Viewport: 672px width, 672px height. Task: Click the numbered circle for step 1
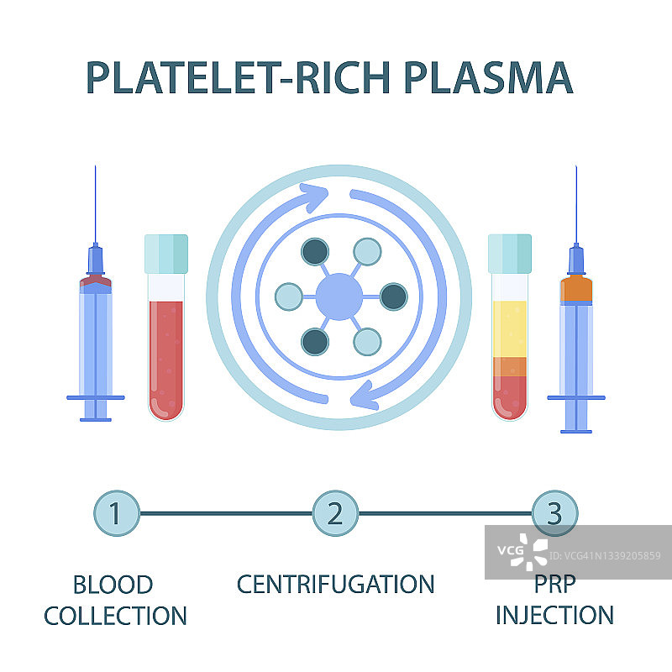pyautogui.click(x=116, y=512)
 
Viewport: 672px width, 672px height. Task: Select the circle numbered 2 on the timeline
pyautogui.click(x=335, y=512)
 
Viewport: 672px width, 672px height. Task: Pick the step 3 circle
pyautogui.click(x=555, y=512)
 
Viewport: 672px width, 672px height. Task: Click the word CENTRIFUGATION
pyautogui.click(x=335, y=584)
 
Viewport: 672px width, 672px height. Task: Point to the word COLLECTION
pyautogui.click(x=115, y=616)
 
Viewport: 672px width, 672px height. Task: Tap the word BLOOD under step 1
pyautogui.click(x=113, y=584)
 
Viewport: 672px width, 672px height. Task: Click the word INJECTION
pyautogui.click(x=554, y=616)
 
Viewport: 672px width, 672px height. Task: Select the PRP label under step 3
pyautogui.click(x=554, y=584)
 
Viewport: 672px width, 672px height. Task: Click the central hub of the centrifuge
pyautogui.click(x=339, y=297)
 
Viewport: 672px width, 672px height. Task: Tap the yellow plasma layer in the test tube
pyautogui.click(x=509, y=328)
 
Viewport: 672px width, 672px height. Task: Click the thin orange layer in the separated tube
pyautogui.click(x=509, y=367)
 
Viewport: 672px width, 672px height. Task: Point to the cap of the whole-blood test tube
pyautogui.click(x=165, y=253)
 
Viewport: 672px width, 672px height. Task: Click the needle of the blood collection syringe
pyautogui.click(x=96, y=202)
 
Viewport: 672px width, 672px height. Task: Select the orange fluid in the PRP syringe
pyautogui.click(x=576, y=290)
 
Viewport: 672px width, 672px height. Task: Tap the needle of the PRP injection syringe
pyautogui.click(x=576, y=202)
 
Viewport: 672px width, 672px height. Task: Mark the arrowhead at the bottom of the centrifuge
pyautogui.click(x=362, y=393)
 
